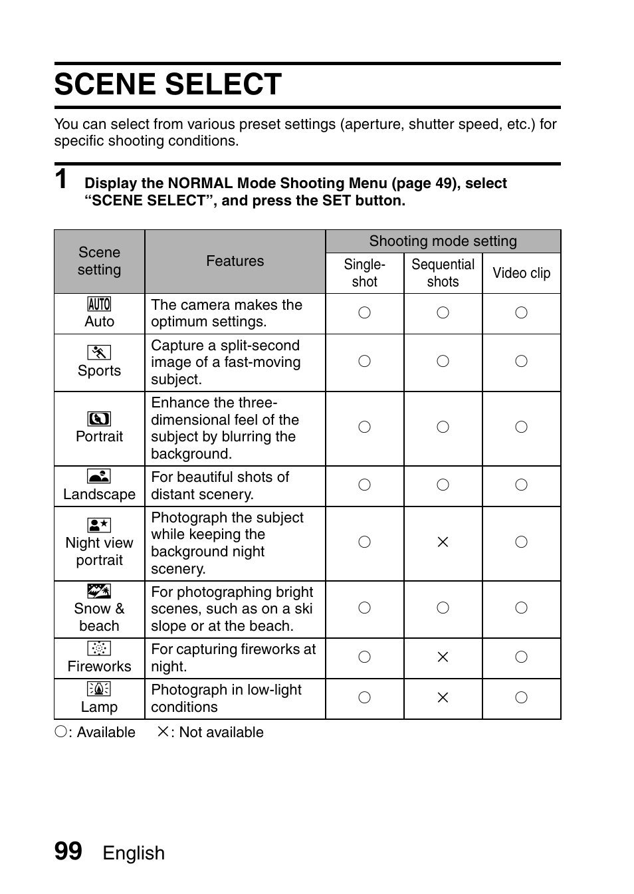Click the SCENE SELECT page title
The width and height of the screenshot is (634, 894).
pyautogui.click(x=167, y=85)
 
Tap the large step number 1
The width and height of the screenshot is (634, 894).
pyautogui.click(x=61, y=179)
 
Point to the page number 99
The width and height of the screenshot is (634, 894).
pyautogui.click(x=68, y=851)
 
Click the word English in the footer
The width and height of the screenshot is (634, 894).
pyautogui.click(x=134, y=853)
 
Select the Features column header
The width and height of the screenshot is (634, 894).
pyautogui.click(x=235, y=261)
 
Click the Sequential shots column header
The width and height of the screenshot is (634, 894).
pyautogui.click(x=443, y=273)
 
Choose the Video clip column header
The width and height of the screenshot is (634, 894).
pyautogui.click(x=521, y=273)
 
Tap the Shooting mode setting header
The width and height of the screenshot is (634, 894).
pyautogui.click(x=443, y=241)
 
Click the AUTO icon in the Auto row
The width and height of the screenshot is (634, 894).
pyautogui.click(x=99, y=304)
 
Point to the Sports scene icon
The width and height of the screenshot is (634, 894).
pyautogui.click(x=99, y=353)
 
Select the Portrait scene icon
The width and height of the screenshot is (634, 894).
pyautogui.click(x=99, y=419)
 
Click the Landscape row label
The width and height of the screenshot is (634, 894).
pyautogui.click(x=99, y=495)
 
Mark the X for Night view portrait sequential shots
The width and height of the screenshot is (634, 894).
pyautogui.click(x=443, y=542)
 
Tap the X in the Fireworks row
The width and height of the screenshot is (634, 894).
pyautogui.click(x=443, y=657)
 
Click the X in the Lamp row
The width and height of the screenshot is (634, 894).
pyautogui.click(x=443, y=698)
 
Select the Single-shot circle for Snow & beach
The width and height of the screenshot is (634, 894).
pyautogui.click(x=364, y=608)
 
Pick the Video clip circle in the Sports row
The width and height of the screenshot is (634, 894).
pyautogui.click(x=521, y=362)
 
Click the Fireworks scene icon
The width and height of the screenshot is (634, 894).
pyautogui.click(x=99, y=649)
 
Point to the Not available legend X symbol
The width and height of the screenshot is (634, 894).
pyautogui.click(x=162, y=732)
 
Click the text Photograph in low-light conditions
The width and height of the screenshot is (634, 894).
pyautogui.click(x=226, y=699)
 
